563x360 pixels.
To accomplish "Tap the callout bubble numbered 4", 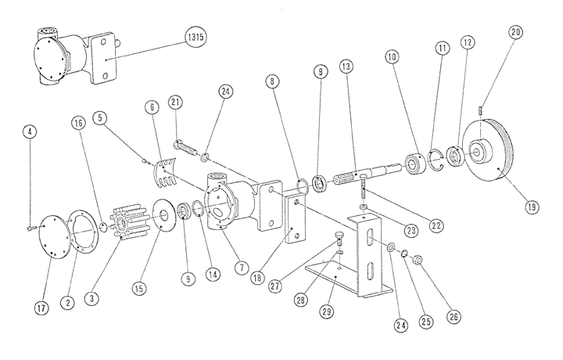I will pyautogui.click(x=28, y=131).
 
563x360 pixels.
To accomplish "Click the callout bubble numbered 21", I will pyautogui.click(x=175, y=103).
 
